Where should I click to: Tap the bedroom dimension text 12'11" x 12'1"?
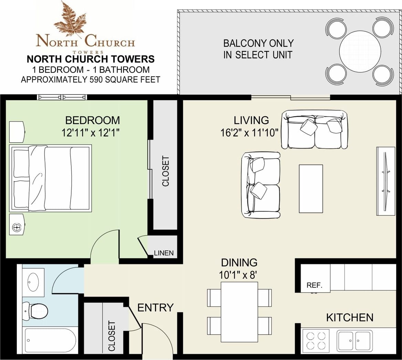(91, 133)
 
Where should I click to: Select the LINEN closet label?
(164, 253)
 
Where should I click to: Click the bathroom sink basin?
(33, 282)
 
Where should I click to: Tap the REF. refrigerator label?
(314, 285)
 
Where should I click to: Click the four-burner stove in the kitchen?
(316, 340)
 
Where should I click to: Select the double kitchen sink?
(354, 341)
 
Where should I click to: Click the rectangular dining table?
(239, 312)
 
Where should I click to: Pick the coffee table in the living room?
(311, 189)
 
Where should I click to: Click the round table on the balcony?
(360, 52)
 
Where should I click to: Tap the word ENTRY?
(155, 308)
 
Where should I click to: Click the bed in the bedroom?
(51, 178)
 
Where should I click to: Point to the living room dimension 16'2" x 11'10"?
(249, 133)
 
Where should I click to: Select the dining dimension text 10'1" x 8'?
(238, 275)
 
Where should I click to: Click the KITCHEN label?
(350, 318)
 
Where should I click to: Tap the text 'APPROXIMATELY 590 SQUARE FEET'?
(91, 80)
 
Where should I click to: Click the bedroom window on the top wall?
(62, 97)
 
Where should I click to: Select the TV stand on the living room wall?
(385, 181)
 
